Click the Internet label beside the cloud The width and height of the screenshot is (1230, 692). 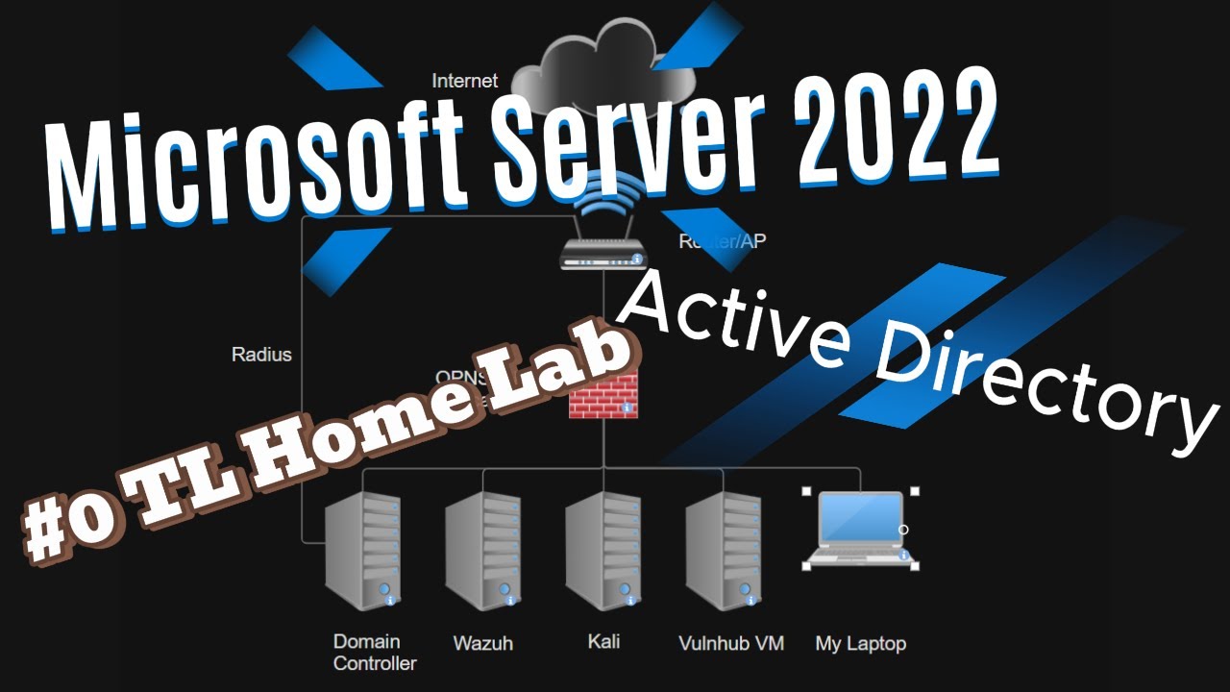465,81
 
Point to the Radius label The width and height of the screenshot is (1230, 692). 261,355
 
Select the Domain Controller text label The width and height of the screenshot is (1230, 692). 374,652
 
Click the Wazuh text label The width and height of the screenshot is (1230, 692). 482,644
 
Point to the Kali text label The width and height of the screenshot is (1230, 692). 603,641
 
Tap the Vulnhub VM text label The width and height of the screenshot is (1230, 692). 730,643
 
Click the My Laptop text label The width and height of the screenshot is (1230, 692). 860,644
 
